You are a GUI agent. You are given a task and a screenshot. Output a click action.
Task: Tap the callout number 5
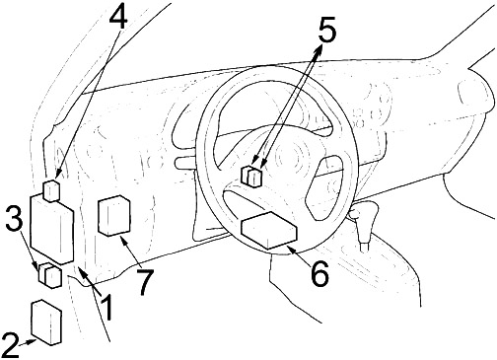click(325, 31)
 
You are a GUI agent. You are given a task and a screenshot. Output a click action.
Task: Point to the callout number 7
click(145, 283)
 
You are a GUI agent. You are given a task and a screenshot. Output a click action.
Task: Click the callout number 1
click(106, 308)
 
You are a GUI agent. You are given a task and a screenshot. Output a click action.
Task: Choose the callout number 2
click(10, 345)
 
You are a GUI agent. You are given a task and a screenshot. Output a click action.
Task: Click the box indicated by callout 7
click(114, 215)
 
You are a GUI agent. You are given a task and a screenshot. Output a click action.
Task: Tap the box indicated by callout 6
click(269, 230)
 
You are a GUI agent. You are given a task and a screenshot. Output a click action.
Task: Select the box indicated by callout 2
click(46, 323)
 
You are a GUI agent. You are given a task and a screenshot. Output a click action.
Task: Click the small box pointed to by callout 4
click(52, 190)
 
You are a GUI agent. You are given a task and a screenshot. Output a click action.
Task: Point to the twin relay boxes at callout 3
click(50, 275)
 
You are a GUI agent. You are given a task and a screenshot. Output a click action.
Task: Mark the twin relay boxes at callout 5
click(251, 177)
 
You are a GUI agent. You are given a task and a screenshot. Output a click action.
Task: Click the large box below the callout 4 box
click(51, 229)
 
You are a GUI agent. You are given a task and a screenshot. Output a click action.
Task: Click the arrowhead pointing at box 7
click(125, 242)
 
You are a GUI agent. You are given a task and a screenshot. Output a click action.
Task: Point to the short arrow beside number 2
click(28, 342)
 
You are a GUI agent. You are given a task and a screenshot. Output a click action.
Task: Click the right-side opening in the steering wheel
click(324, 187)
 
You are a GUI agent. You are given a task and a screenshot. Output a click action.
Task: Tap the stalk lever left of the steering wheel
click(185, 163)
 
